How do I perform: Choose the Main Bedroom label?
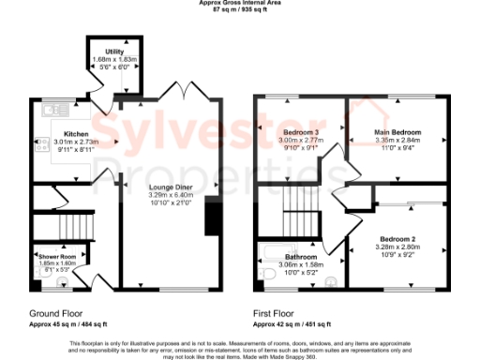pyautogui.click(x=399, y=132)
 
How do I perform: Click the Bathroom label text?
pyautogui.click(x=301, y=257)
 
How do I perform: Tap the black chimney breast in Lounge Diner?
pyautogui.click(x=211, y=220)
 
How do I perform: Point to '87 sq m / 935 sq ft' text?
pyautogui.click(x=240, y=9)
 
